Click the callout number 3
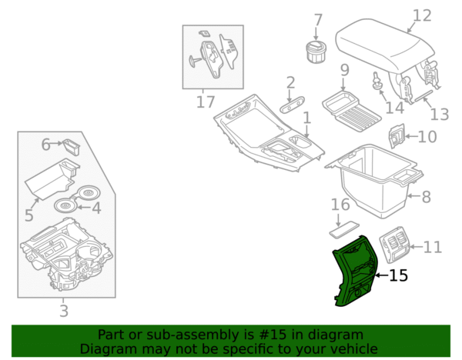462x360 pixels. click(x=64, y=312)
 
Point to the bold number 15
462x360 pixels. click(x=398, y=275)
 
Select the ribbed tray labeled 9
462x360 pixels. click(x=350, y=108)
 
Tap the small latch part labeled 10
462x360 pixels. click(x=396, y=137)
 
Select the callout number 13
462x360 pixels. click(x=438, y=115)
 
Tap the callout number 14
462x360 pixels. click(x=394, y=108)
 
